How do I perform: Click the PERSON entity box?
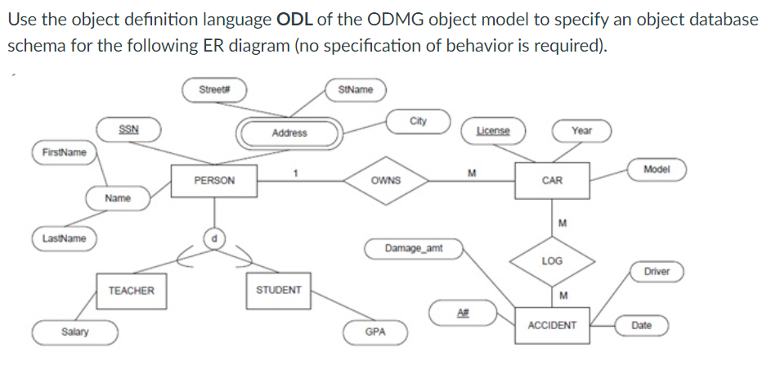(214, 180)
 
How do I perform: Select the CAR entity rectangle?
(552, 180)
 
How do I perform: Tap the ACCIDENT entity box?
(552, 325)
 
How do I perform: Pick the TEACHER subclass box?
(131, 290)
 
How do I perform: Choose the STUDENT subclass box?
(279, 290)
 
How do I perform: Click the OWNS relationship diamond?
(385, 180)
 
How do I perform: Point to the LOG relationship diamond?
(552, 260)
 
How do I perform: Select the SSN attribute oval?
(128, 129)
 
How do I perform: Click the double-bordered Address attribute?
(289, 133)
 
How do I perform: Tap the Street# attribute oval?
(214, 88)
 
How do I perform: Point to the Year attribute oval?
(581, 130)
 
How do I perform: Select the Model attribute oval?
(657, 169)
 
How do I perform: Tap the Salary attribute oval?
(75, 332)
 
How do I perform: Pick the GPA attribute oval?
(375, 332)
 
